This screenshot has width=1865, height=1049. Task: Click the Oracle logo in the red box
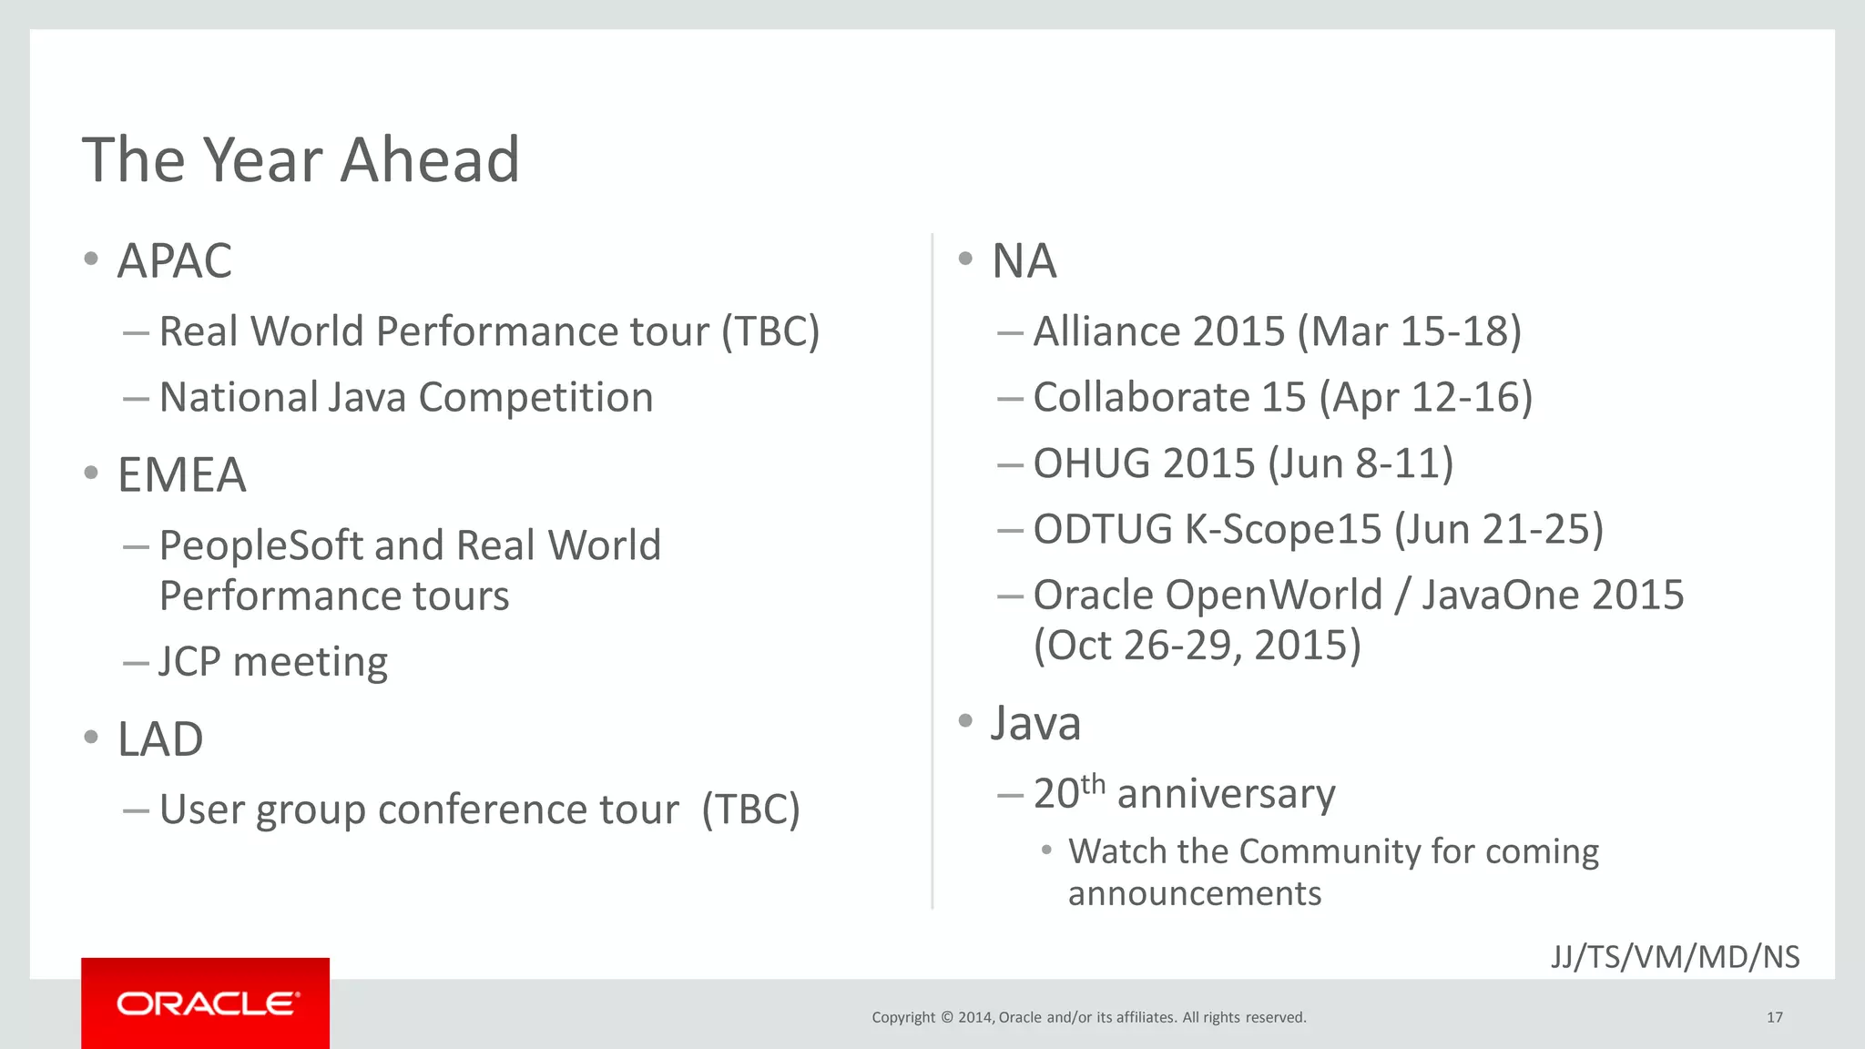(207, 1003)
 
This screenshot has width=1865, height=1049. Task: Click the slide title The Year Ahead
(301, 160)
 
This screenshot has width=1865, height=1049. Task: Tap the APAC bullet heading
(175, 261)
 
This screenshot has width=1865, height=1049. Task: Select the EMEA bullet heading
(181, 475)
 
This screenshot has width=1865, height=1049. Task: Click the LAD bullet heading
(160, 739)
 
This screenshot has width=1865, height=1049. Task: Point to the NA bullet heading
(1024, 261)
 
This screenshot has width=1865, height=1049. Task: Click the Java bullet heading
(1035, 724)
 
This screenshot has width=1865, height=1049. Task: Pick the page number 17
(1774, 1017)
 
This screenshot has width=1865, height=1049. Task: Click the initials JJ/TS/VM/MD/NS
(1675, 957)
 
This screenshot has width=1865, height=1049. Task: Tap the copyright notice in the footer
(1088, 1017)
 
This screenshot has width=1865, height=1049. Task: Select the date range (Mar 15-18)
(1410, 331)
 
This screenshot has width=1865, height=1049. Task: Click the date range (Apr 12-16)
(1426, 398)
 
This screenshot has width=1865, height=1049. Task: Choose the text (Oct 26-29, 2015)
(1197, 646)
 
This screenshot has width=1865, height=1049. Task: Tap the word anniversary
(1226, 794)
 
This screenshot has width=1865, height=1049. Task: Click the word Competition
(535, 398)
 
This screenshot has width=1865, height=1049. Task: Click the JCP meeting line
(273, 662)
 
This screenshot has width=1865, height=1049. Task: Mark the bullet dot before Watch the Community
(1047, 850)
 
